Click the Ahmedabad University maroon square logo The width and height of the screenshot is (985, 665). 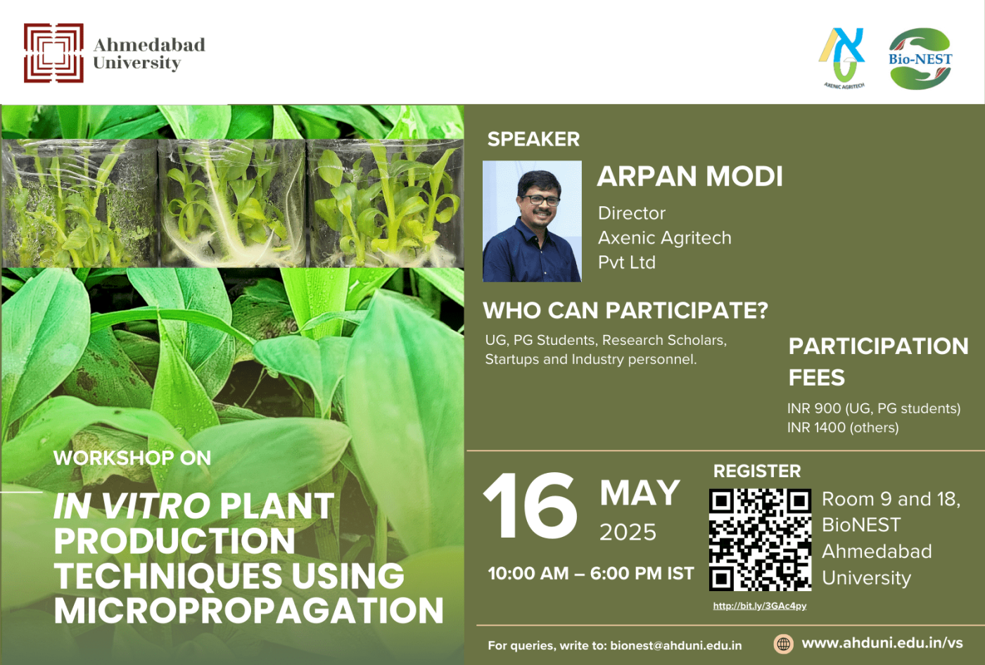click(x=53, y=53)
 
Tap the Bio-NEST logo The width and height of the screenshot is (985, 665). click(x=920, y=59)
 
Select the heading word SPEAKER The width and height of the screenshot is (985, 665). click(x=533, y=139)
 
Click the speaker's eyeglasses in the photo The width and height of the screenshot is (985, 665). click(x=541, y=200)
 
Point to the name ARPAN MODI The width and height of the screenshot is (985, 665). click(x=689, y=177)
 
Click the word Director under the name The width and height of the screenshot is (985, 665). click(x=631, y=213)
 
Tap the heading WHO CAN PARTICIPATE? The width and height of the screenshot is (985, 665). click(x=625, y=310)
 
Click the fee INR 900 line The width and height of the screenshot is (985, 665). click(x=873, y=408)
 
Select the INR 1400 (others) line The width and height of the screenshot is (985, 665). click(x=842, y=427)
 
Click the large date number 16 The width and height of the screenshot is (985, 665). click(x=530, y=506)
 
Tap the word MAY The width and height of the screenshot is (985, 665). click(x=640, y=493)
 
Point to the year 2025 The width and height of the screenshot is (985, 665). click(x=628, y=532)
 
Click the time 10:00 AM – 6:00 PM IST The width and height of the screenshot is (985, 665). click(x=590, y=574)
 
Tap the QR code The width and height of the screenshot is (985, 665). click(x=760, y=540)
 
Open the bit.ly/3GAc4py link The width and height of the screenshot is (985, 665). click(x=760, y=606)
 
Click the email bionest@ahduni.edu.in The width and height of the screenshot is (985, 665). click(x=675, y=645)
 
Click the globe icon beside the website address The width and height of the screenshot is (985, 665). click(x=783, y=643)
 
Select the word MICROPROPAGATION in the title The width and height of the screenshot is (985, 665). click(x=248, y=611)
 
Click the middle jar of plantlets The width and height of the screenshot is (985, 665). click(x=232, y=204)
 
